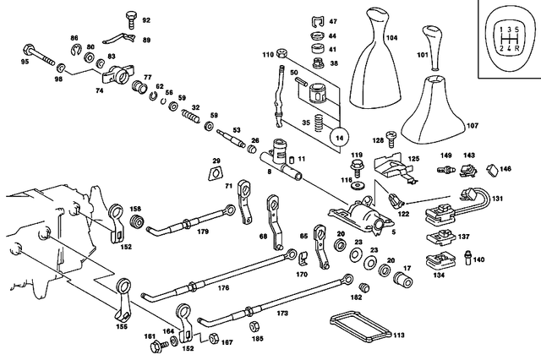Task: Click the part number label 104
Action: pos(391,38)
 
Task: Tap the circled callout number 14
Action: pos(341,136)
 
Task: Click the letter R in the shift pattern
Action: pos(515,46)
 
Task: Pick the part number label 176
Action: pos(224,287)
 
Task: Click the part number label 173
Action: pos(281,313)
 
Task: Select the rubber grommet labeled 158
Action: pos(134,223)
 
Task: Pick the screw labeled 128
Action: pos(391,136)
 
